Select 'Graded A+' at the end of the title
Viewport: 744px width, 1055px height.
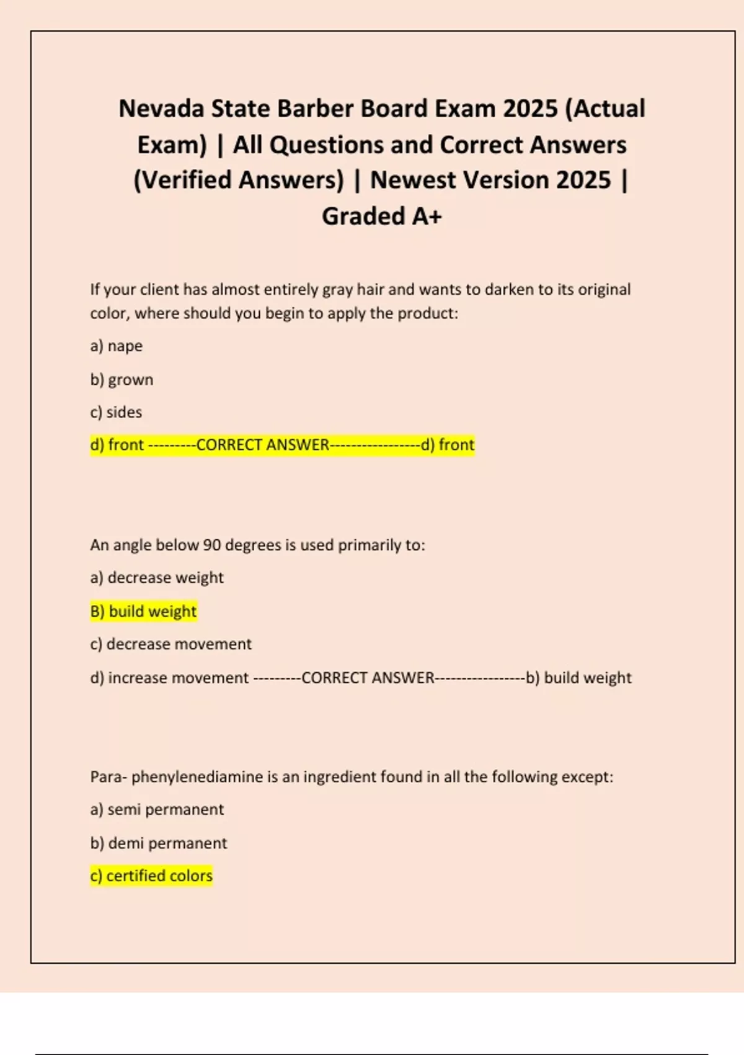click(x=381, y=216)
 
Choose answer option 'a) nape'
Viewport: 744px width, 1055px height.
click(x=117, y=346)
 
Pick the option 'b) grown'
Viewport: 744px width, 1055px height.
click(x=122, y=379)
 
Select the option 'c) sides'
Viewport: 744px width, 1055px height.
click(x=116, y=412)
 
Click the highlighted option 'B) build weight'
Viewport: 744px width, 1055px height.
click(x=143, y=611)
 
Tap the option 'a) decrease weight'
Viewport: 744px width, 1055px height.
click(x=157, y=578)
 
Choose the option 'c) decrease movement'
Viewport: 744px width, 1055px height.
click(x=170, y=644)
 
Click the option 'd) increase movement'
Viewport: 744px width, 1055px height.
click(x=169, y=678)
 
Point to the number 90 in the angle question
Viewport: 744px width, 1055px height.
click(x=211, y=545)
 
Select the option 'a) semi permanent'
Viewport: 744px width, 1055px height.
click(x=157, y=809)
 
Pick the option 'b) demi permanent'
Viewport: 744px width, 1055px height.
click(x=159, y=843)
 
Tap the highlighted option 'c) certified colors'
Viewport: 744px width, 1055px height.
click(x=151, y=876)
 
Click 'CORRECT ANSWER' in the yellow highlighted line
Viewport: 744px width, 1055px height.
click(x=262, y=445)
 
